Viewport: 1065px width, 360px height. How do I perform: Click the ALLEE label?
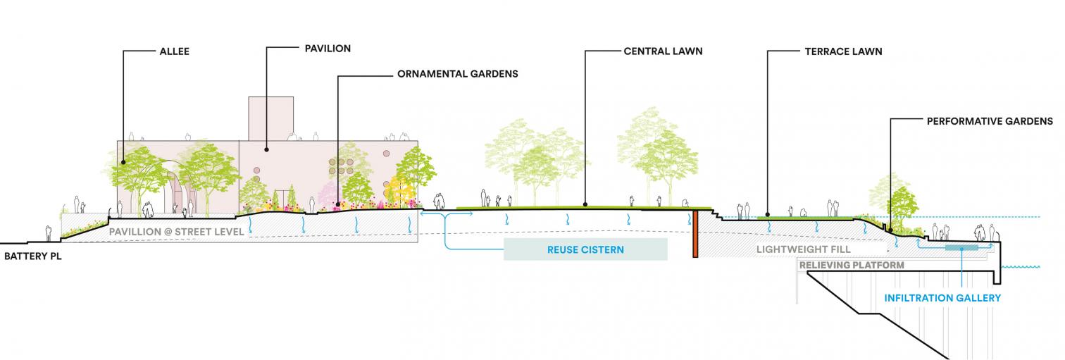coord(175,51)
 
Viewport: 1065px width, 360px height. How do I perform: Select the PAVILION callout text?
coord(328,49)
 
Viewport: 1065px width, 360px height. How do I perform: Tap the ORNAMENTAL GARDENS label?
coord(457,73)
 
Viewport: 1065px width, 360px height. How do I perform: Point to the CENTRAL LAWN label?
coord(663,51)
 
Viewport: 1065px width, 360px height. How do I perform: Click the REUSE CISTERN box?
coord(585,249)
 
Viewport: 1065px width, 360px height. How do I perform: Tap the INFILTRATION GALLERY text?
coord(942,298)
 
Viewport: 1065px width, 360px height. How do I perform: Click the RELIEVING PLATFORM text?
coord(851,265)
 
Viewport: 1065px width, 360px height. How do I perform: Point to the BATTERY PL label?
coord(33,256)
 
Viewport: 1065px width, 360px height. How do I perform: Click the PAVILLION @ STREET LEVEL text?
coord(176,231)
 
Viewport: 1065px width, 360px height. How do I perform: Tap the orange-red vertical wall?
coord(695,233)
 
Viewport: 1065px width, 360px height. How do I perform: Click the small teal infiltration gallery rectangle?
coord(961,247)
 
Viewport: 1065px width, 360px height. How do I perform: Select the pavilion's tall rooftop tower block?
coord(270,118)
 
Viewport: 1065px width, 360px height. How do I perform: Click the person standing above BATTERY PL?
coord(49,233)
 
